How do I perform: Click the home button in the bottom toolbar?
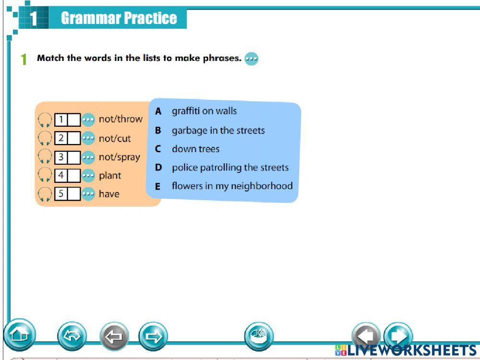(x=20, y=335)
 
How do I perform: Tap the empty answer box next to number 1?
(x=74, y=120)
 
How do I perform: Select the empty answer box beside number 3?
(x=74, y=157)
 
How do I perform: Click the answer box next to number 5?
(x=74, y=194)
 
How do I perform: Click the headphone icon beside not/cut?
(x=45, y=138)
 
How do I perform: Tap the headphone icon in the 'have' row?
(x=45, y=194)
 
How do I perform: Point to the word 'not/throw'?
(x=120, y=119)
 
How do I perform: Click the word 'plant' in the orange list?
(x=110, y=176)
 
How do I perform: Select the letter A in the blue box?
(x=158, y=111)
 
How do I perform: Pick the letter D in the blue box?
(x=158, y=168)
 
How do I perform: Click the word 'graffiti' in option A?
(x=186, y=111)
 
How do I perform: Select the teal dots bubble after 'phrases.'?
(x=252, y=58)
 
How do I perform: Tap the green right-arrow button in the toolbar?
(x=153, y=336)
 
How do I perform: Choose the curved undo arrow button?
(x=72, y=336)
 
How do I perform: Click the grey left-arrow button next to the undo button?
(x=114, y=336)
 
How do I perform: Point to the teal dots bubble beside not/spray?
(x=88, y=157)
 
